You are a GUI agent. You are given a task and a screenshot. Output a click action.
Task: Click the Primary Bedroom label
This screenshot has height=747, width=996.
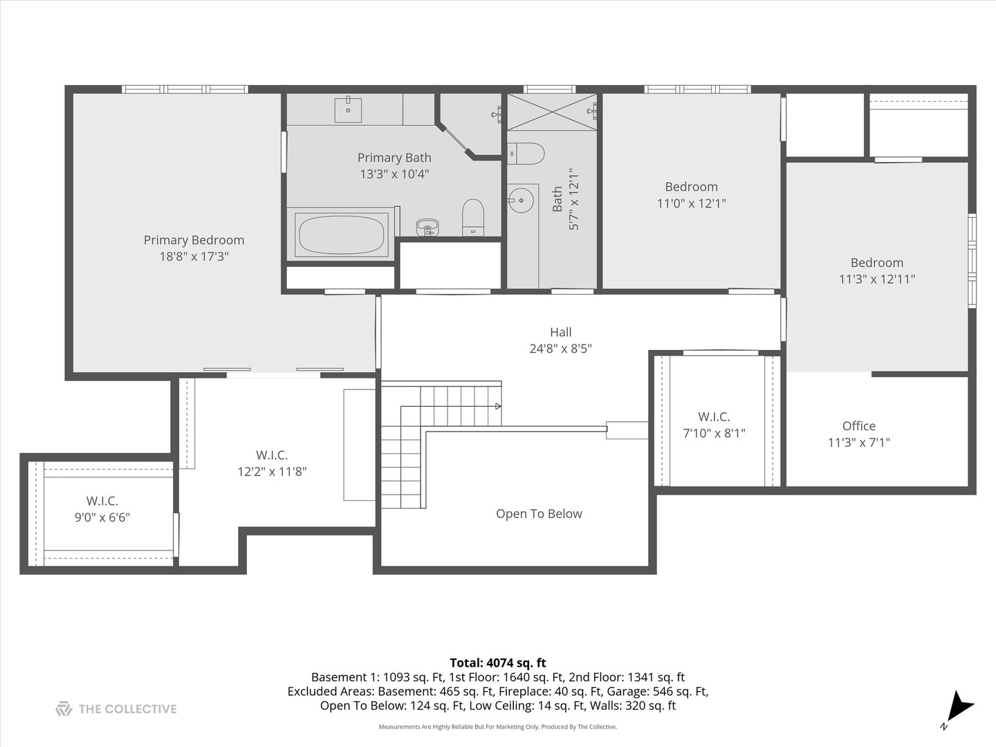194,240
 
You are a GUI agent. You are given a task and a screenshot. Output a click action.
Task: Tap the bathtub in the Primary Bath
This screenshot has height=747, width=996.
341,235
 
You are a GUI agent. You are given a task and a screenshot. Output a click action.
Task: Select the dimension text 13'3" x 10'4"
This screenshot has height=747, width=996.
394,174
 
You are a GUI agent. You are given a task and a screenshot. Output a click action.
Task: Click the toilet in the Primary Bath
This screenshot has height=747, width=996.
473,216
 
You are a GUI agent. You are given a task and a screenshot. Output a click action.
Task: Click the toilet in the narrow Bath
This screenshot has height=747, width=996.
526,154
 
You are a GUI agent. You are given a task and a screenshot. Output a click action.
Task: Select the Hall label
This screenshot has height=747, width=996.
560,332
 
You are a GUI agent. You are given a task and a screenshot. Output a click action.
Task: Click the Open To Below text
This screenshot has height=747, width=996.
539,514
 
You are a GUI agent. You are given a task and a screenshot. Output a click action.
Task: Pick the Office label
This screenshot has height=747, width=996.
859,426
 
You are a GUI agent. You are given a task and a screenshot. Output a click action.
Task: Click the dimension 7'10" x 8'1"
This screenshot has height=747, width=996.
714,434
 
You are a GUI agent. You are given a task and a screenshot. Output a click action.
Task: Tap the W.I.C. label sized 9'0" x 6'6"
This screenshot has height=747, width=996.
102,501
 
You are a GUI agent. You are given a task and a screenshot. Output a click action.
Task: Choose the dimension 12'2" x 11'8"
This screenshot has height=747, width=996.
272,472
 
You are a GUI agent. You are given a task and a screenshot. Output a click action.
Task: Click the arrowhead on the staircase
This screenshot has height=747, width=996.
498,406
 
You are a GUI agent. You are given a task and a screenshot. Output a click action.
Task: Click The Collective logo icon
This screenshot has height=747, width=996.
64,709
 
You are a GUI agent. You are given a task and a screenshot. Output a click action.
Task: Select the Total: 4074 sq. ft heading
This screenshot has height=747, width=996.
498,663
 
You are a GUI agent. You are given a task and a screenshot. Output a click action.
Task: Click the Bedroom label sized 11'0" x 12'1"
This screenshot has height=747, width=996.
691,187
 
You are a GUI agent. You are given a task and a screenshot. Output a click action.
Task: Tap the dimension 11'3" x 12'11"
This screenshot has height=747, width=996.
877,279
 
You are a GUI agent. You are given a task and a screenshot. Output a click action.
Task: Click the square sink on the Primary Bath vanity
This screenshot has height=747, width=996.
348,109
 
